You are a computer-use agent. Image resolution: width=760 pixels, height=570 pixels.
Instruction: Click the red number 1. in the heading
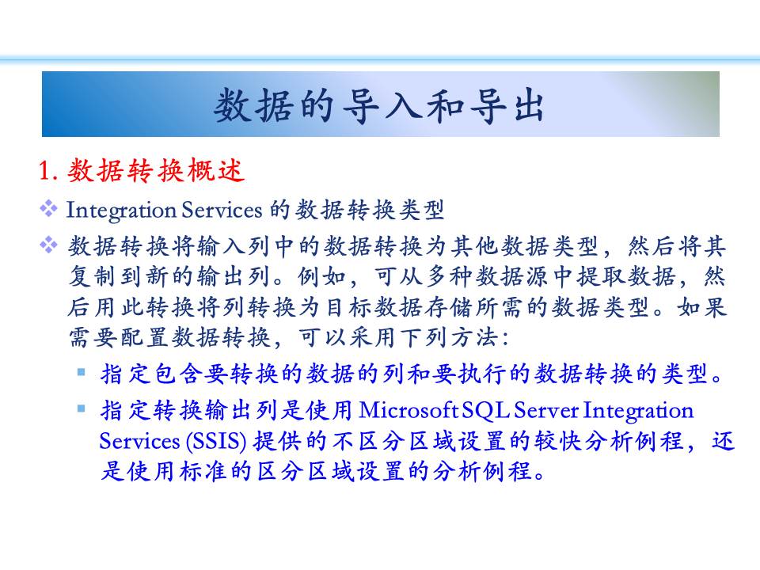tap(48, 171)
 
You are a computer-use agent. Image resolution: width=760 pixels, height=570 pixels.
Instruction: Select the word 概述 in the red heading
tap(215, 171)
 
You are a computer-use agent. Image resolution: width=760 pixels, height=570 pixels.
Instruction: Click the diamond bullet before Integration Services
tap(48, 209)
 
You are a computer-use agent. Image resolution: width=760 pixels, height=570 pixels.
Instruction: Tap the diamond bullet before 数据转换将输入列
tap(48, 245)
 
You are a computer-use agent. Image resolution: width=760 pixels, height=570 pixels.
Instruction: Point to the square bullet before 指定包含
tap(81, 372)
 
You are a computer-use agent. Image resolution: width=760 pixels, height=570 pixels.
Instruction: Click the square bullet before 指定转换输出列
tap(81, 409)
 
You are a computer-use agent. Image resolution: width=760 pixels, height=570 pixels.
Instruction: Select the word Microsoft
tap(408, 411)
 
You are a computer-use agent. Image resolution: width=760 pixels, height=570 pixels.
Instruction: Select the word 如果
tap(702, 307)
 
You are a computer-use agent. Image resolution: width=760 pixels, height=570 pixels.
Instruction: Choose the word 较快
tap(558, 441)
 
